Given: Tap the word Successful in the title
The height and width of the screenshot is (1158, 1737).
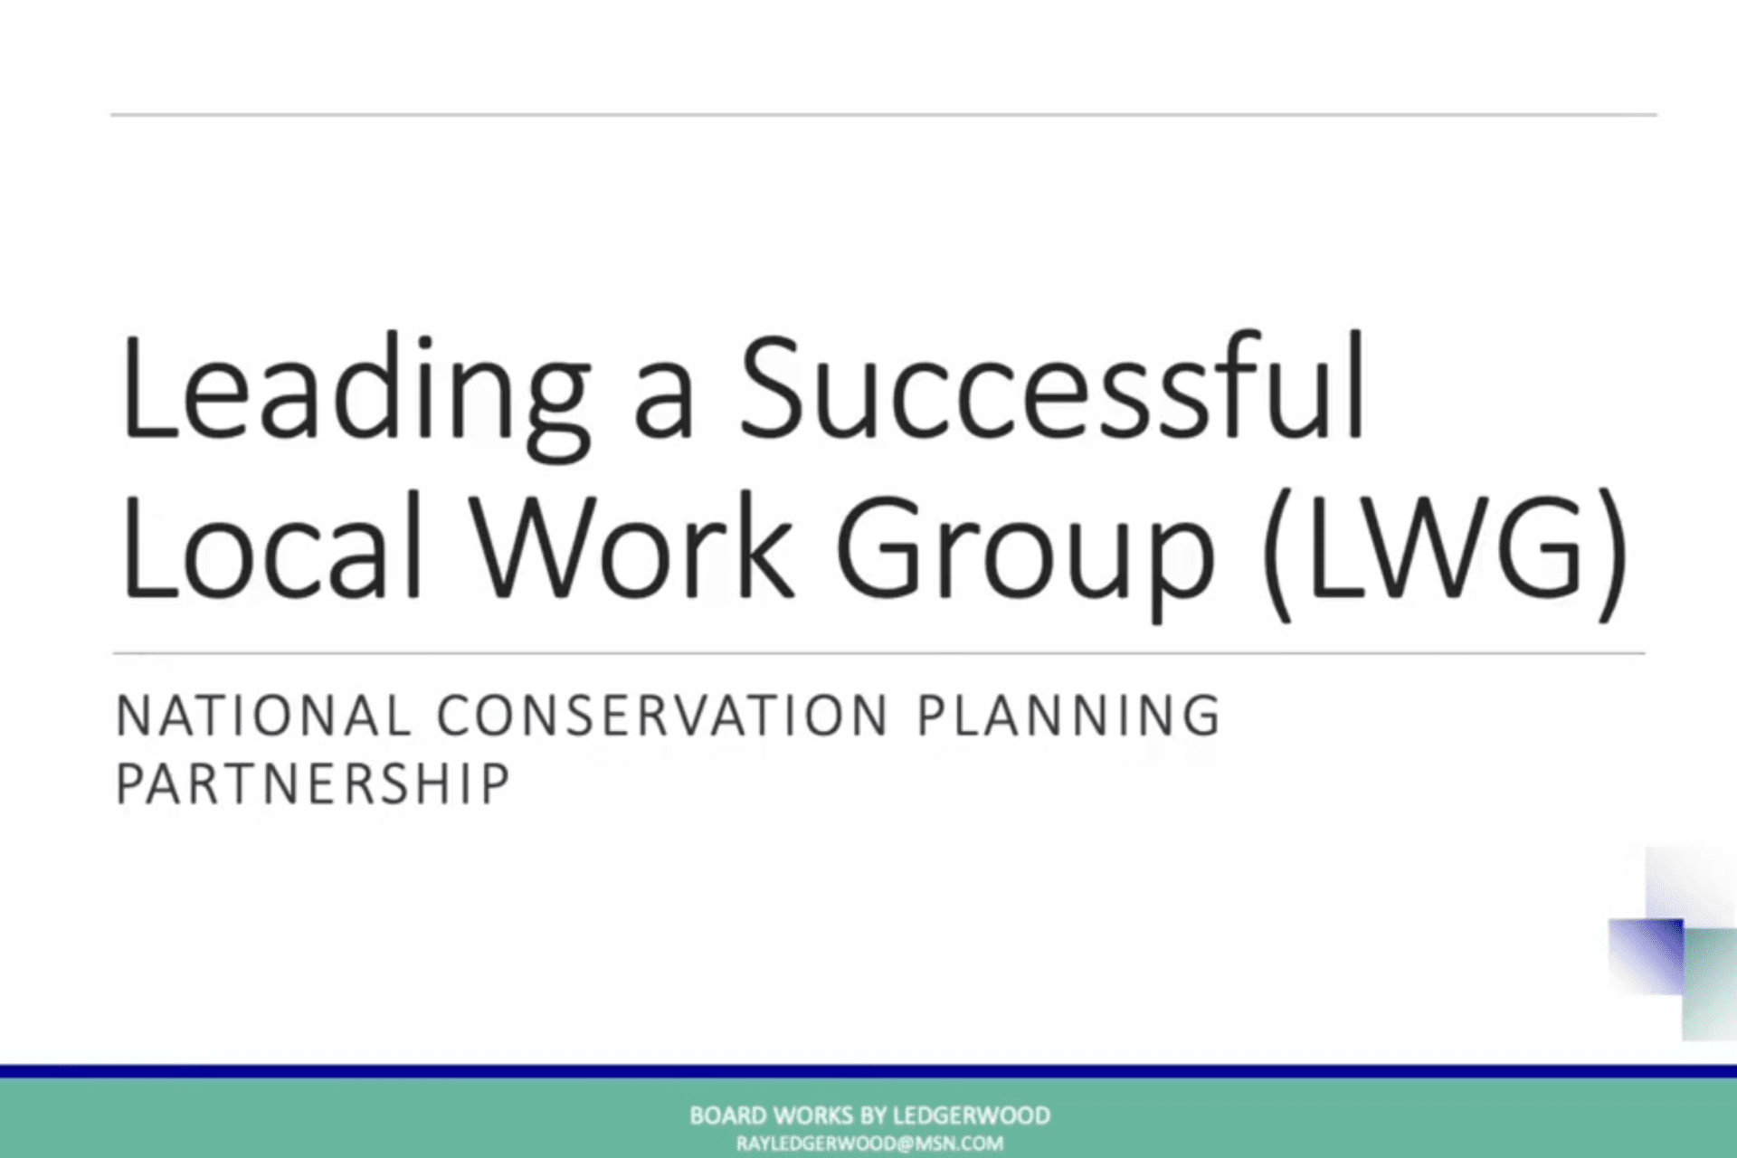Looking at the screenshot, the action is tap(1052, 386).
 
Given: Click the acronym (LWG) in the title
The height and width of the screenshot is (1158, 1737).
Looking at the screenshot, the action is tap(1445, 554).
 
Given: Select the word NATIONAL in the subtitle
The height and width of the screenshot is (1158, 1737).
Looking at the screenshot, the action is tap(263, 716).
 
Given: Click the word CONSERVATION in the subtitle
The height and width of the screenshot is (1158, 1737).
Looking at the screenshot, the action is tap(662, 716).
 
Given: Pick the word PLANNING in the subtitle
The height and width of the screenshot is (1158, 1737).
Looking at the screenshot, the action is tap(1068, 716).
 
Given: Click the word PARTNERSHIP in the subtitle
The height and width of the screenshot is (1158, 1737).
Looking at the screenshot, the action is tap(313, 783).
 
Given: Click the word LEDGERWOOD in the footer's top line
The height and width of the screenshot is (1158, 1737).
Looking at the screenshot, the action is tap(972, 1115).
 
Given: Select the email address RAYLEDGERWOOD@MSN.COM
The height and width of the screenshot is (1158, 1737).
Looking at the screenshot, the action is tap(869, 1144).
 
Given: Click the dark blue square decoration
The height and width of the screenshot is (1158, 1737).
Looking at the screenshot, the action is tap(1646, 956).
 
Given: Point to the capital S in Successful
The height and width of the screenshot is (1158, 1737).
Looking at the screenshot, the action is tap(772, 386).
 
